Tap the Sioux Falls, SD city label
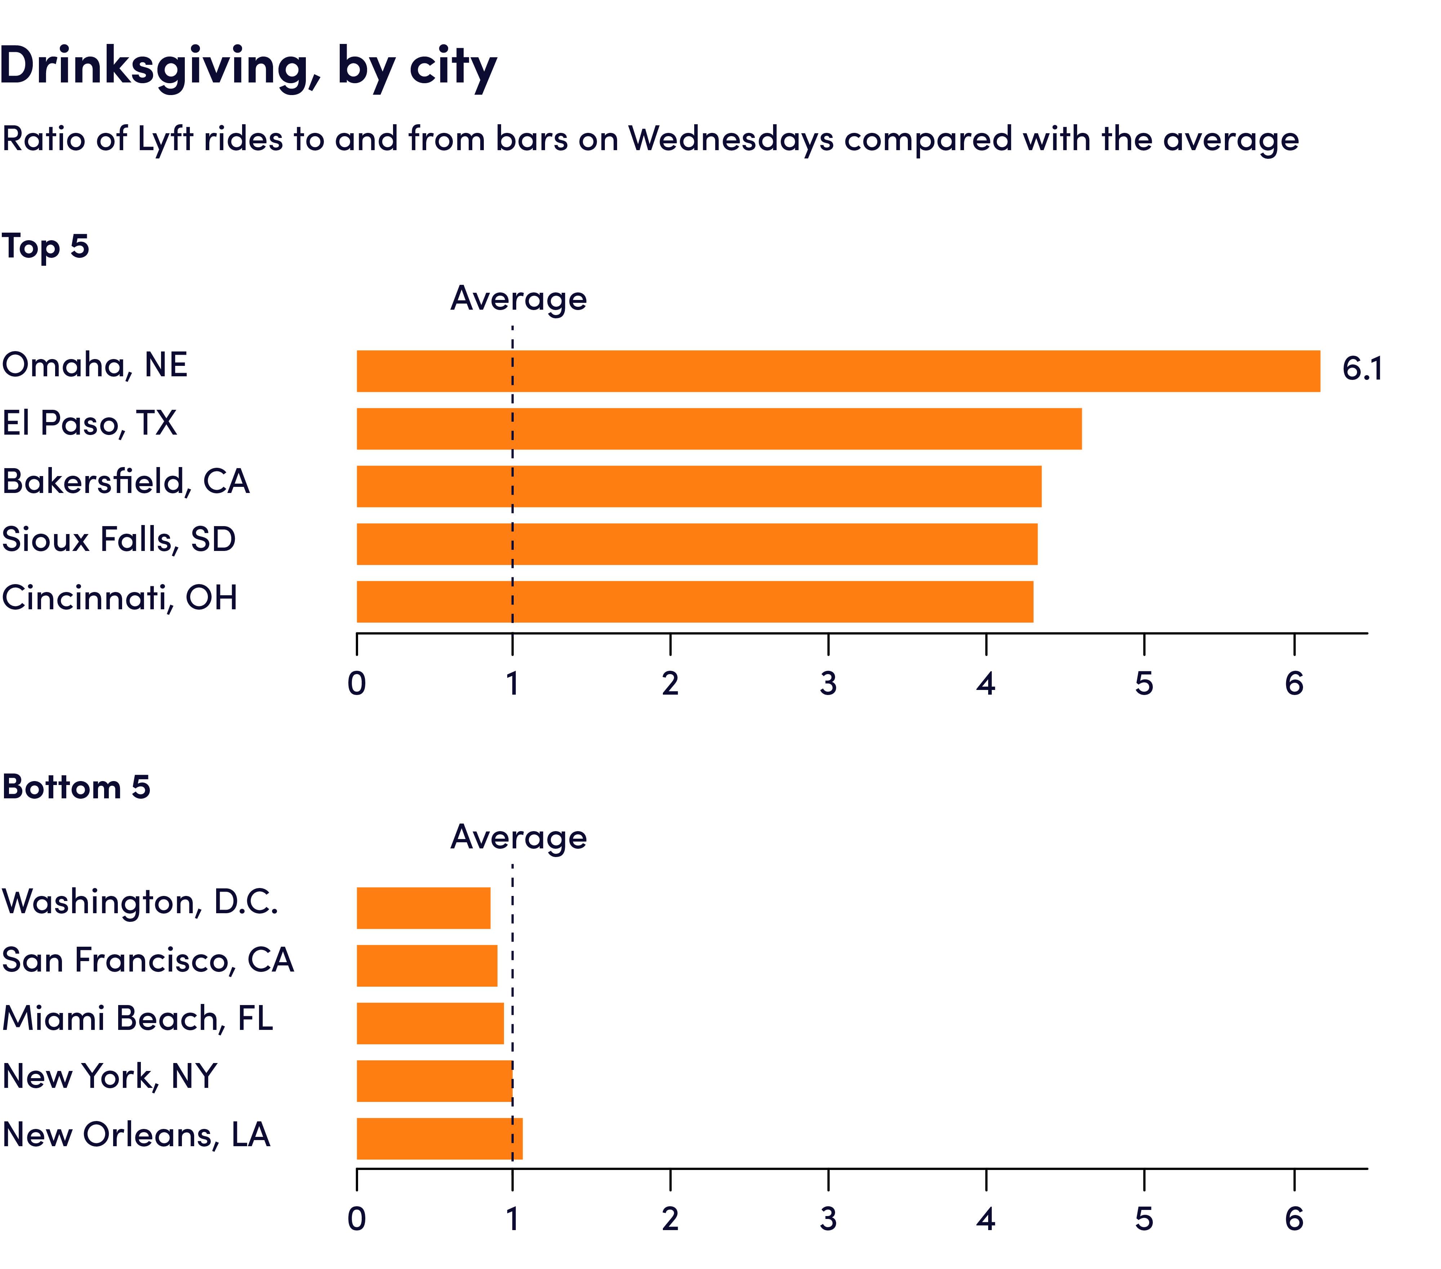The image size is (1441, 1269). tap(119, 540)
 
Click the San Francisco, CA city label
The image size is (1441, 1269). tap(147, 960)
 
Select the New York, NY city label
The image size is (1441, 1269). tap(109, 1076)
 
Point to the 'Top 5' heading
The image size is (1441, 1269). tap(45, 247)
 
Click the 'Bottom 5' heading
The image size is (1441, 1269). tap(76, 787)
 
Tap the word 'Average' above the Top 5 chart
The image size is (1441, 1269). tap(518, 299)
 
